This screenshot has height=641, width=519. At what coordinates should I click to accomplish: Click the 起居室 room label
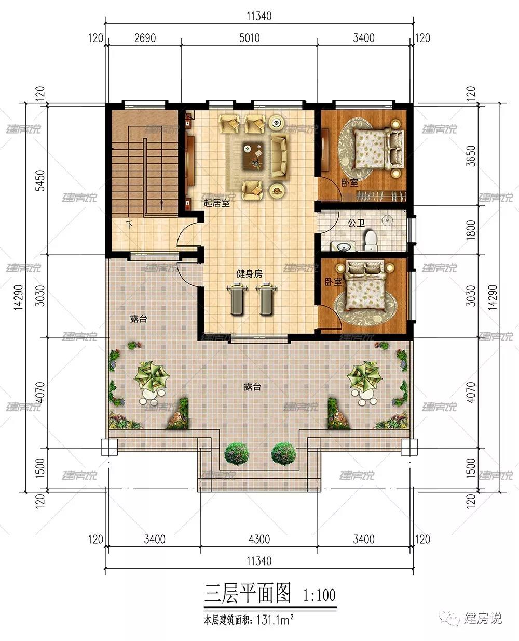pos(216,203)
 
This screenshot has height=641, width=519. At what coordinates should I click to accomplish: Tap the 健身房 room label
pos(249,273)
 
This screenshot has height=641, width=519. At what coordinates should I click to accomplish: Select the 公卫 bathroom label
pos(356,223)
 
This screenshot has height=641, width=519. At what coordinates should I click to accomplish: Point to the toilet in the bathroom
pos(371,240)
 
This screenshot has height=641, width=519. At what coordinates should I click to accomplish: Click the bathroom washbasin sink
pos(343,246)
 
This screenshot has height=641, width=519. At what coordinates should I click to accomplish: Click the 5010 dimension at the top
pos(249,38)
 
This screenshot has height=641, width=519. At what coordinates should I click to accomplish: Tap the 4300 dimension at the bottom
pos(259,539)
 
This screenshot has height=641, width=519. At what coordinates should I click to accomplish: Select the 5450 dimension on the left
pos(40,180)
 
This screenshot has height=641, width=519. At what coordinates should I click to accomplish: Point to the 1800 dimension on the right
pos(471,230)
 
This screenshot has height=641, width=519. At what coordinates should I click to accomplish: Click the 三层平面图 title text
pos(248,593)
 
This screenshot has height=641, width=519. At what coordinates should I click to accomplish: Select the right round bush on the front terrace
pos(284,453)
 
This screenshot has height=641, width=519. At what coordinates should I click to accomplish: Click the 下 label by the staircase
pos(129,225)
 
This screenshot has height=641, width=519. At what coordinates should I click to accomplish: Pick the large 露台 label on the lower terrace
pos(252,386)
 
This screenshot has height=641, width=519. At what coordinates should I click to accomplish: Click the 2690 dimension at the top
pos(145,38)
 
